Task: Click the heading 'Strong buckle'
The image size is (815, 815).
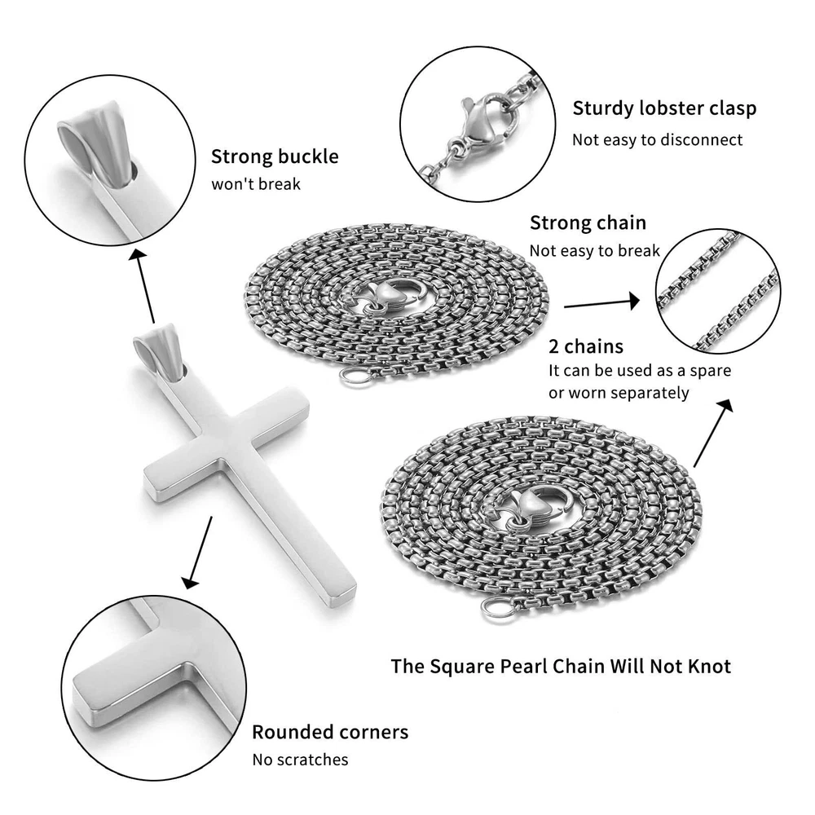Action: (x=275, y=156)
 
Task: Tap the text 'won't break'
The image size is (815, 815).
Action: (x=256, y=184)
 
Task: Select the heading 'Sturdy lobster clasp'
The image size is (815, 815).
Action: (x=664, y=108)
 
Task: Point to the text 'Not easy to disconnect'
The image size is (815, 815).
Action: (x=657, y=140)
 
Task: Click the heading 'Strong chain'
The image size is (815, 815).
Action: (x=588, y=223)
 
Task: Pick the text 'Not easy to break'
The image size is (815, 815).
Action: (x=595, y=251)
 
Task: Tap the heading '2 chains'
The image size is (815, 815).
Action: (x=586, y=346)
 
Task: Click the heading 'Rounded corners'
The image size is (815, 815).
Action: (x=330, y=732)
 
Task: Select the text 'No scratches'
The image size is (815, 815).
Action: (x=300, y=760)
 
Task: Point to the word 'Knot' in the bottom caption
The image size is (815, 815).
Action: (x=710, y=667)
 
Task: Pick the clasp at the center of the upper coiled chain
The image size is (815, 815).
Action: (x=393, y=299)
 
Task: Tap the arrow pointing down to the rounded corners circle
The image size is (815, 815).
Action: (x=198, y=553)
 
